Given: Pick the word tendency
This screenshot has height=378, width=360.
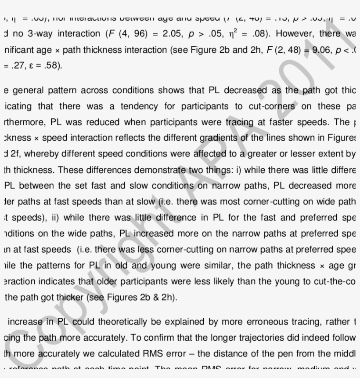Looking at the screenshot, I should click(144, 106).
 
